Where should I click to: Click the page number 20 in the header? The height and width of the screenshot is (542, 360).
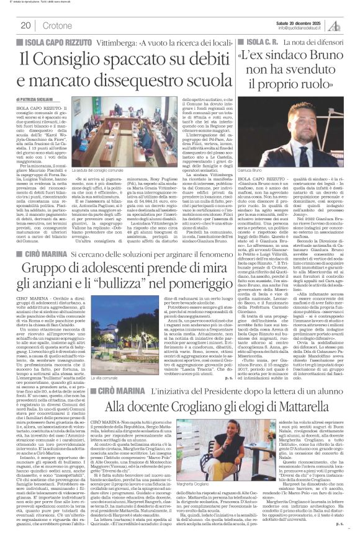pyautogui.click(x=25, y=25)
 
